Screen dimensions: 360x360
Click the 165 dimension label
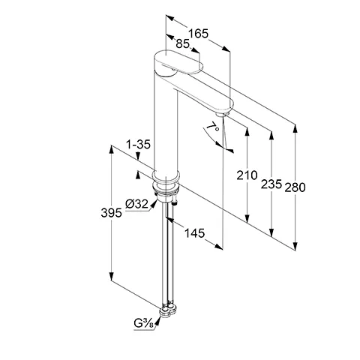tap(196, 33)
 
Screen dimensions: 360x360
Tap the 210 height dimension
tap(246, 176)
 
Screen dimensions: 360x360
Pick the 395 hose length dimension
tap(111, 214)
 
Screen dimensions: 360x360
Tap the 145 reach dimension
tap(194, 234)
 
